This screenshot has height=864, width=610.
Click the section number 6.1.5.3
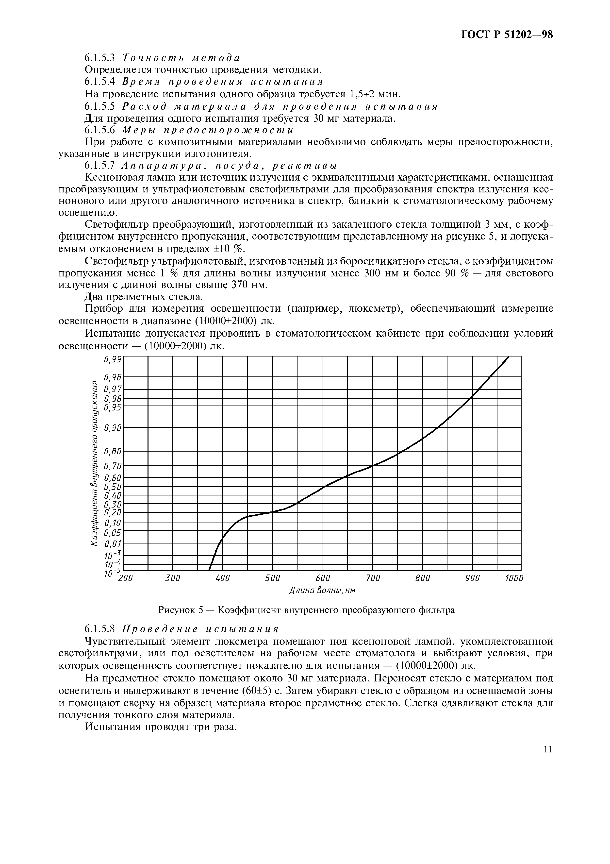99,58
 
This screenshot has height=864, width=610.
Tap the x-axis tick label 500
273,578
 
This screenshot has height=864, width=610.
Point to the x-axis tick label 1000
513,578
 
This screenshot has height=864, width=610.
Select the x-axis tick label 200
125,578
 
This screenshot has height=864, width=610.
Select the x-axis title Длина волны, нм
322,591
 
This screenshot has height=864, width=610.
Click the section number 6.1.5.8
99,629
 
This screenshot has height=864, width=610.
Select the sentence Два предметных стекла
144,297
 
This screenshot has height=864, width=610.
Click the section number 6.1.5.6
99,130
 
